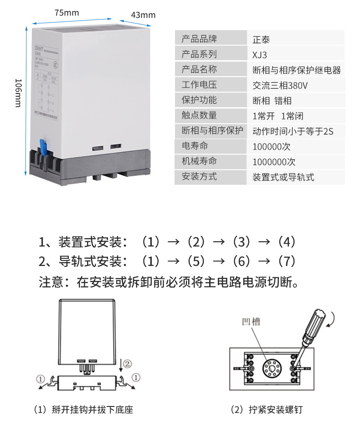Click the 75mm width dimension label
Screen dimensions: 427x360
click(67, 13)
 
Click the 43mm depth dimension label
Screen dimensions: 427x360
click(143, 15)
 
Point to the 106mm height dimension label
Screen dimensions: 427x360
click(18, 93)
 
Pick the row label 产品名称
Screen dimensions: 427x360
click(199, 70)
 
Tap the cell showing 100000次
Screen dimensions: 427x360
click(271, 146)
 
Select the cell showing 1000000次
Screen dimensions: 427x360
click(274, 162)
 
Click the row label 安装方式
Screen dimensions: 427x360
click(199, 177)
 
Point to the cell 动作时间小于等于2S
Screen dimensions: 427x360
click(293, 131)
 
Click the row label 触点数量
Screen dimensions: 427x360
click(199, 116)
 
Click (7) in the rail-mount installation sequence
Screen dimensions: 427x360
click(287, 261)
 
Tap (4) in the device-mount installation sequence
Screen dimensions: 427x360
click(287, 241)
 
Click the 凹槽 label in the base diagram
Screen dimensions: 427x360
click(251, 322)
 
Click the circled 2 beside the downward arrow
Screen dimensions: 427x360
click(128, 363)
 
